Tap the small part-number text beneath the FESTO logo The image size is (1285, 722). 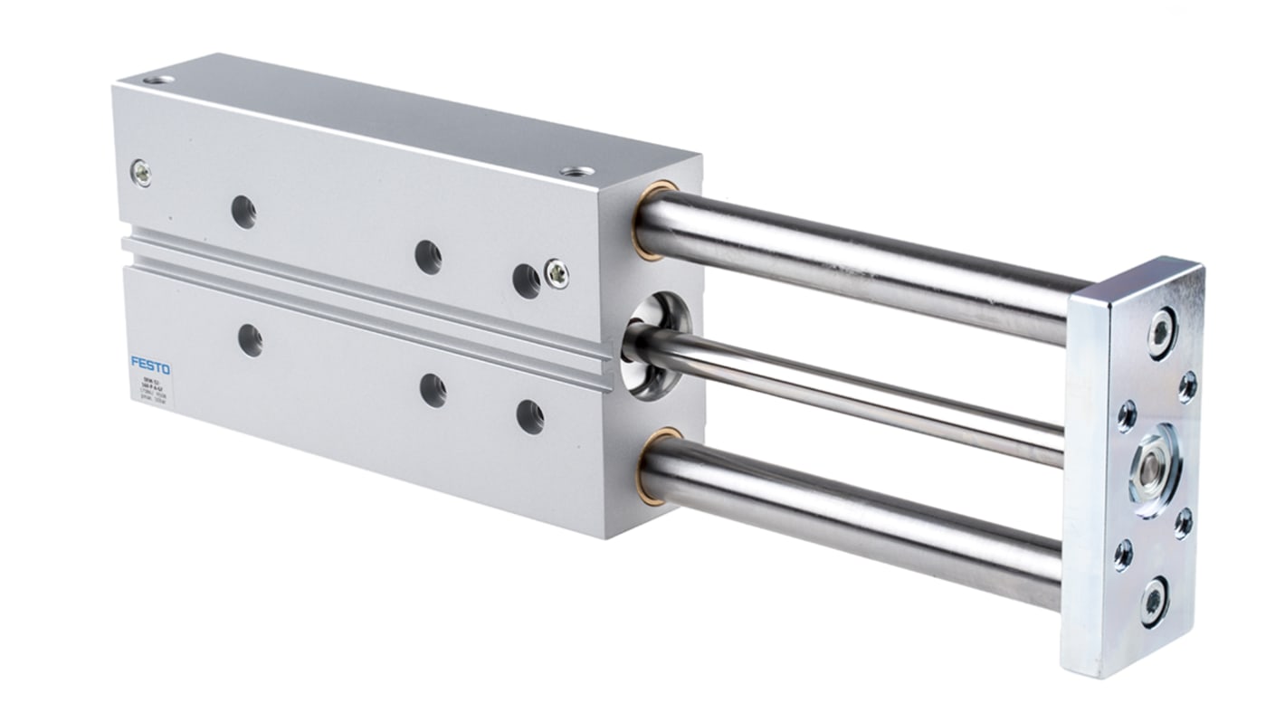(x=150, y=387)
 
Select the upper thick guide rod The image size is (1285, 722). (x=860, y=262)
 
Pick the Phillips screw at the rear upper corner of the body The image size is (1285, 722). (x=141, y=172)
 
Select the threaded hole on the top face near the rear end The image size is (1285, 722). (x=163, y=82)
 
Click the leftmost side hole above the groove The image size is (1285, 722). (x=243, y=212)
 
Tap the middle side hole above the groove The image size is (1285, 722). (x=428, y=257)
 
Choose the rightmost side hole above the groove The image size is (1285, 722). (x=526, y=280)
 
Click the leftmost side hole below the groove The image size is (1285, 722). (x=250, y=340)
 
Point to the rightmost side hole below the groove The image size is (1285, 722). (x=529, y=416)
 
